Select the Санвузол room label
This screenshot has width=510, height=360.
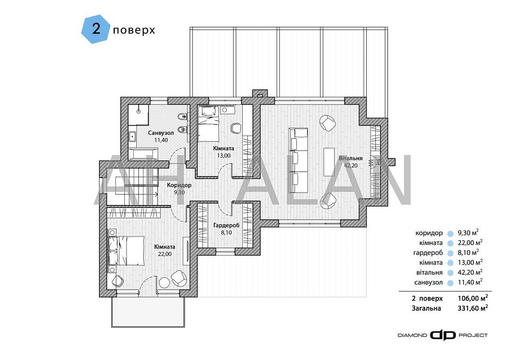click(x=161, y=133)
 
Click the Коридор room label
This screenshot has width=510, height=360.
click(x=178, y=185)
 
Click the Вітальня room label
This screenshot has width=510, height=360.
click(x=350, y=158)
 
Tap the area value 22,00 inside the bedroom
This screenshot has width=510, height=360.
click(x=165, y=253)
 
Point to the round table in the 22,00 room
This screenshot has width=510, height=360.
click(x=164, y=282)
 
